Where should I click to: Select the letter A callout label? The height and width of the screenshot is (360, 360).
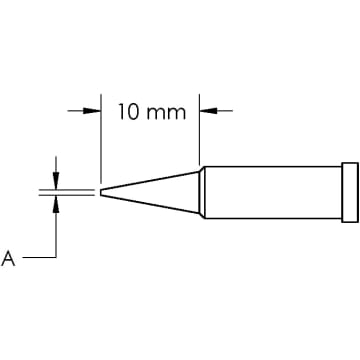click(9, 259)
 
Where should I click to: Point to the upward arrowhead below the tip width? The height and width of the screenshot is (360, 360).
click(56, 201)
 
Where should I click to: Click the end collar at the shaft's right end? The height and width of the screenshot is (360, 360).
click(349, 189)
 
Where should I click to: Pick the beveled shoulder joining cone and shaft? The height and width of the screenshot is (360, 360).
click(203, 189)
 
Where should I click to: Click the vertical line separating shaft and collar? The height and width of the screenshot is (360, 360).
click(341, 189)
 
